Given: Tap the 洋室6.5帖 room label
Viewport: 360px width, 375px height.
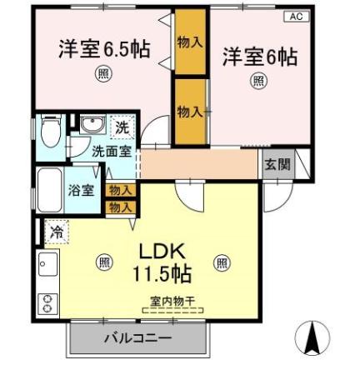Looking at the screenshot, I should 104,49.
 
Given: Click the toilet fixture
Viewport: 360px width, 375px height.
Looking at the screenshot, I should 50,131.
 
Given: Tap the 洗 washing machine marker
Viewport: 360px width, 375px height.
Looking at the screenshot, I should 122,127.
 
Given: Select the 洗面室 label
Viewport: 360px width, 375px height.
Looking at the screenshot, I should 111,152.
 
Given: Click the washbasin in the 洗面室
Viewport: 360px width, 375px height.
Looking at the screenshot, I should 92,127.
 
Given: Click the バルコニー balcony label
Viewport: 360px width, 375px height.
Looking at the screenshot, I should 137,338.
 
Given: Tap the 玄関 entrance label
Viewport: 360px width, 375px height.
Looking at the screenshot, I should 278,164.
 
